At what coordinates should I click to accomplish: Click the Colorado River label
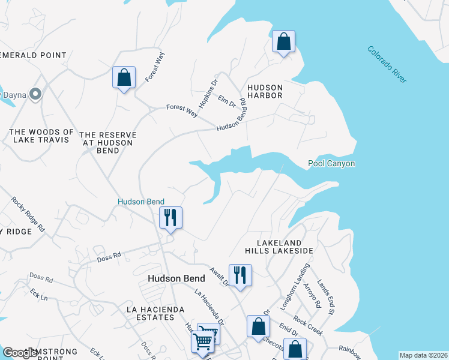click(387, 65)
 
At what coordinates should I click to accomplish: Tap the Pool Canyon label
click(331, 163)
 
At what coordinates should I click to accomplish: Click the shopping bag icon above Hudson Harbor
click(284, 42)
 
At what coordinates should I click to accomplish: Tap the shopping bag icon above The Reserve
click(124, 77)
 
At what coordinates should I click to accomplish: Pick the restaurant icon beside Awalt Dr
click(240, 275)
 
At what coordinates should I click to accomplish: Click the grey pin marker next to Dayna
click(35, 94)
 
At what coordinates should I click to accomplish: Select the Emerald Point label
click(36, 55)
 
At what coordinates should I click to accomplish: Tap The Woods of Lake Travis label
click(42, 136)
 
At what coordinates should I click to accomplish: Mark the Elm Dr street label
click(227, 101)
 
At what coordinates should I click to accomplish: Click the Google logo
click(21, 353)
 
